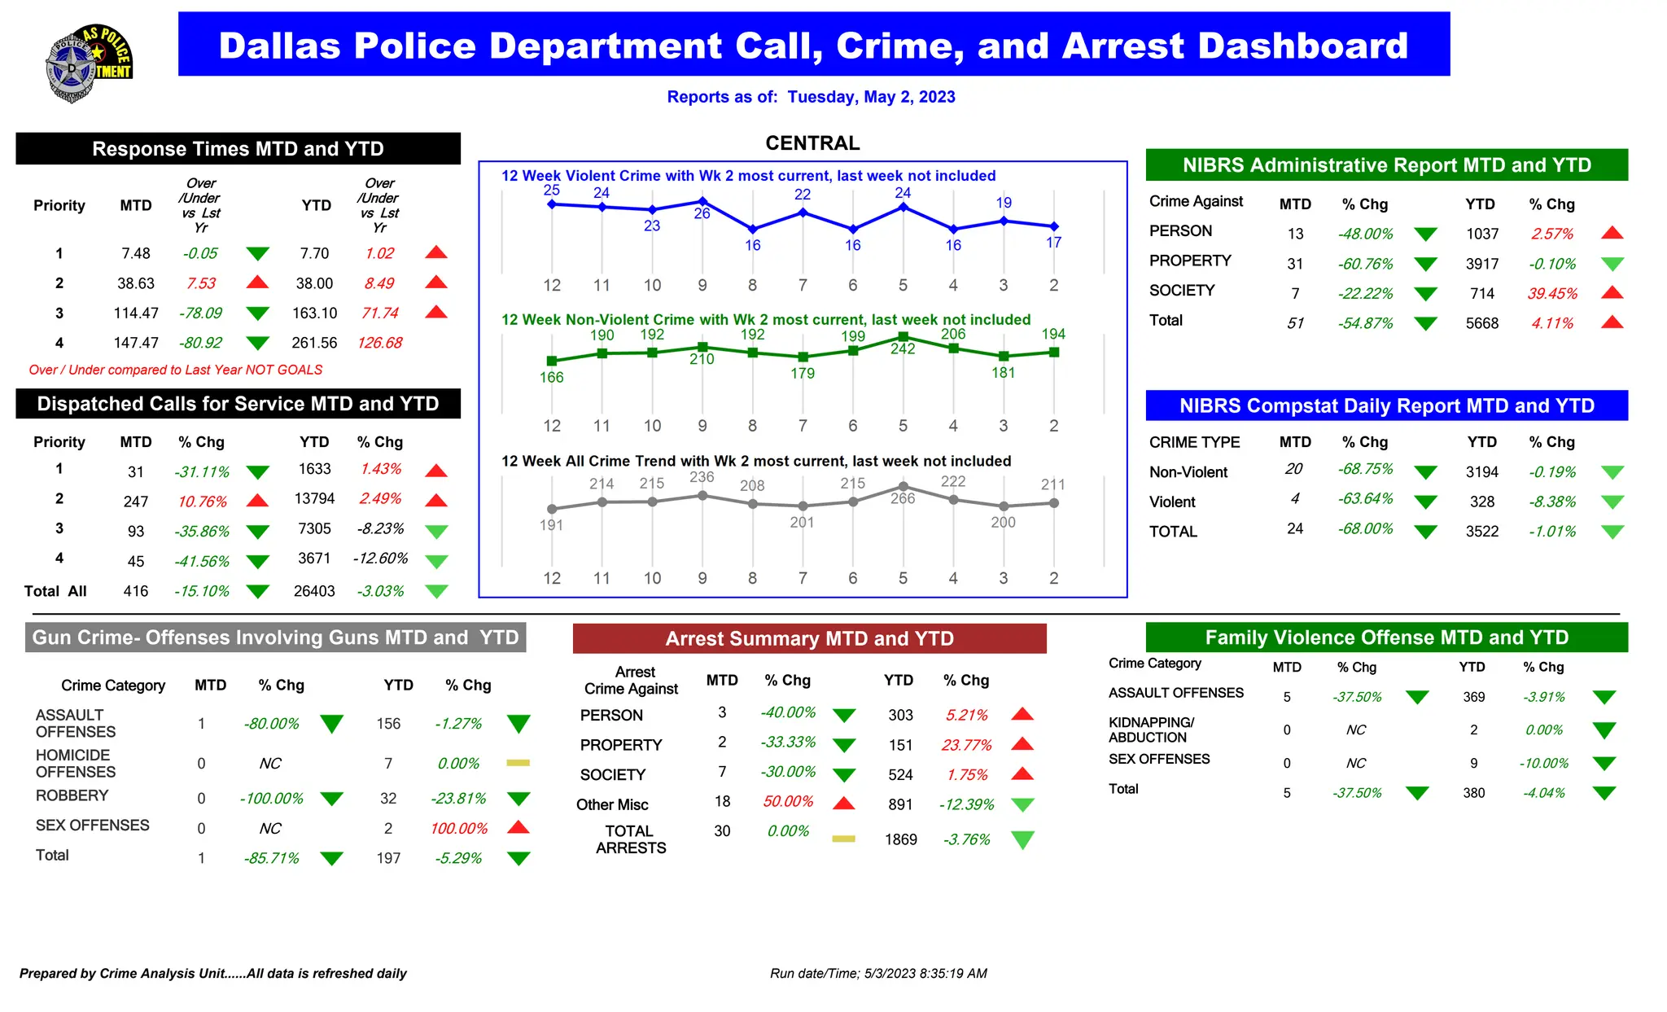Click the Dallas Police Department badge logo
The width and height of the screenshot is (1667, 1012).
click(x=88, y=64)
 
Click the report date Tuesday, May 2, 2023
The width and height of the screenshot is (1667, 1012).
click(x=871, y=97)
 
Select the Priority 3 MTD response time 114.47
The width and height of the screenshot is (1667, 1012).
click(x=136, y=313)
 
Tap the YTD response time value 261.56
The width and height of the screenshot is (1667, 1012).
click(x=314, y=343)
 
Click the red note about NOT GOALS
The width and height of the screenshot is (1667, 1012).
click(x=176, y=370)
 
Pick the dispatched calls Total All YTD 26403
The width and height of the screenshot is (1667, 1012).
click(x=314, y=591)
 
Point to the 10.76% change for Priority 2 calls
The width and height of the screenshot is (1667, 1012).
click(x=202, y=502)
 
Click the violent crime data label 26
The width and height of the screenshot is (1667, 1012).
click(x=702, y=213)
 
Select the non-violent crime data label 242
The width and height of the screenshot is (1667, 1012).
click(x=903, y=349)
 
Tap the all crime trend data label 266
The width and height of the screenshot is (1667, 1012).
click(x=903, y=498)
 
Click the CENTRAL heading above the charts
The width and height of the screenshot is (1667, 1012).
click(x=812, y=143)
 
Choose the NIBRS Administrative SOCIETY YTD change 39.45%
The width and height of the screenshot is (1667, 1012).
click(x=1552, y=294)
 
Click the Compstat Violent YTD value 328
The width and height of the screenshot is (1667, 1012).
click(x=1481, y=502)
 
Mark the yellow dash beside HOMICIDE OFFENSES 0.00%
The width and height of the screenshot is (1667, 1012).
click(x=518, y=763)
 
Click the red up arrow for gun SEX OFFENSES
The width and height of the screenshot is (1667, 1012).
click(x=518, y=828)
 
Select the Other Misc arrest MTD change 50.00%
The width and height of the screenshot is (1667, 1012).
click(x=787, y=802)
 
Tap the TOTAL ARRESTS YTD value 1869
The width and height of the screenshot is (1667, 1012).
click(x=900, y=839)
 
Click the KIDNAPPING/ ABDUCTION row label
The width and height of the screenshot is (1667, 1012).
click(x=1151, y=730)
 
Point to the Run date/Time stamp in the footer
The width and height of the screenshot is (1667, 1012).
click(x=878, y=974)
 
